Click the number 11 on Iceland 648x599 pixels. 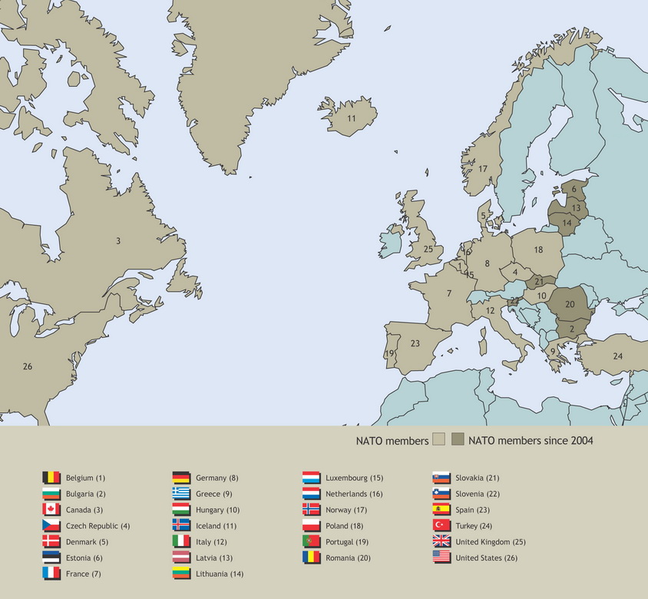pos(351,118)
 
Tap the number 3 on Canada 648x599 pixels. pos(118,241)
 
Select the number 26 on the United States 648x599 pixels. pos(28,366)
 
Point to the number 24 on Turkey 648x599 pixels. pos(617,356)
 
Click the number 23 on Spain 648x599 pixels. pos(415,343)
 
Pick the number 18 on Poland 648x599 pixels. pos(538,250)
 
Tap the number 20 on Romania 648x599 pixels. pos(569,303)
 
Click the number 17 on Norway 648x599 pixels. pos(483,169)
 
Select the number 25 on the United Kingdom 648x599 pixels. pos(428,249)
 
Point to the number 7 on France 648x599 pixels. pos(448,293)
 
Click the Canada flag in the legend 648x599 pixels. pos(51,510)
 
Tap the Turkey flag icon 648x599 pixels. pos(441,525)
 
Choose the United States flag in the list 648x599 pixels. pos(441,558)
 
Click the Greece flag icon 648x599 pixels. pos(181,494)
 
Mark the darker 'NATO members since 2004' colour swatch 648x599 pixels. pos(458,440)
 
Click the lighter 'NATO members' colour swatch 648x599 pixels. pos(439,440)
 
